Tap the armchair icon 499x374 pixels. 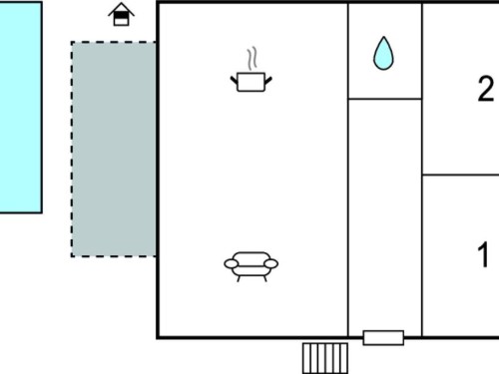coord(251,266)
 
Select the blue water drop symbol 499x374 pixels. coord(383,55)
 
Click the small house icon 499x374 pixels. coord(121,14)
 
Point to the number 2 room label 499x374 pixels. coord(486,89)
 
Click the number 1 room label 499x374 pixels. coord(483,254)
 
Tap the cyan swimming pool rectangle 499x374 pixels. coord(21,108)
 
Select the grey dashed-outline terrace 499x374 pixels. coord(114,150)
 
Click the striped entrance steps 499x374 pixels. coord(325,358)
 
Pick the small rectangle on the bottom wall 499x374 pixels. coord(383,338)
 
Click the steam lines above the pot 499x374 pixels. coord(252,59)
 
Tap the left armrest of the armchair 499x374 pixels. coord(232,264)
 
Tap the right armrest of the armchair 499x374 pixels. coord(271,264)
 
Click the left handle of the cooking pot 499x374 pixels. coord(235,81)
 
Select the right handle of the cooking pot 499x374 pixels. coord(268,81)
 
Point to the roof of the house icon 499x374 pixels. coord(121,8)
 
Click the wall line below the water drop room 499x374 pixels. coord(385,99)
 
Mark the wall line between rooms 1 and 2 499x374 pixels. coord(460,175)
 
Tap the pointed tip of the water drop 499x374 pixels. coord(384,37)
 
